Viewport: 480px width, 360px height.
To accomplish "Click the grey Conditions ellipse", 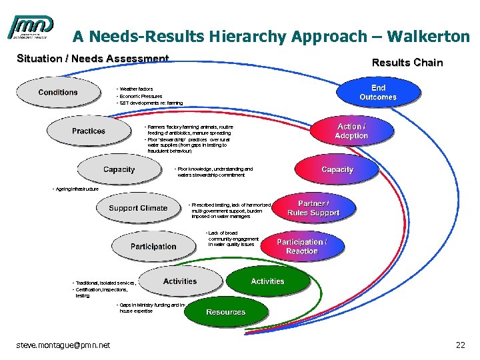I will point(58,93).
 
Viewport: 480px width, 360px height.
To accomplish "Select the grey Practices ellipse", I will point(89,131).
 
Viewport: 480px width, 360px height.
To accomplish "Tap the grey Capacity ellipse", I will point(119,170).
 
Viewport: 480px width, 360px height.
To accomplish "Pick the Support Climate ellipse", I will point(138,208).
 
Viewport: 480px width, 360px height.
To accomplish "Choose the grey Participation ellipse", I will point(153,246).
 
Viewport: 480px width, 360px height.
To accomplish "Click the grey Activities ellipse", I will point(180,281).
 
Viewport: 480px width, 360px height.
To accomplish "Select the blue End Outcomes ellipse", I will point(378,93).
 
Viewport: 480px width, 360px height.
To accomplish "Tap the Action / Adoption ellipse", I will point(351,131).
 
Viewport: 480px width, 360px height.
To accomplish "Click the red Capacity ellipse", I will point(337,169).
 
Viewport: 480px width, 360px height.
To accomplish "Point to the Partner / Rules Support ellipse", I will point(313,208).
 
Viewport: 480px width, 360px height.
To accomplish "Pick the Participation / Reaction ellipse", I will point(302,246).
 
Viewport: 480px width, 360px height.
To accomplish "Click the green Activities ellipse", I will point(267,282).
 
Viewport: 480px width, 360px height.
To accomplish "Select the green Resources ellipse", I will point(225,312).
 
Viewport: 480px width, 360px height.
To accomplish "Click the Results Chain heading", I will point(407,63).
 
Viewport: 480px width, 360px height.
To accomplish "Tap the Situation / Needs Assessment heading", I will point(93,59).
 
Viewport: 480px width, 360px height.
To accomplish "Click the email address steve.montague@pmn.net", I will point(63,345).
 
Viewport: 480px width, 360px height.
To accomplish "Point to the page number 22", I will point(460,345).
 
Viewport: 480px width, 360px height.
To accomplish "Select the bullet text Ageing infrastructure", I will point(76,189).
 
